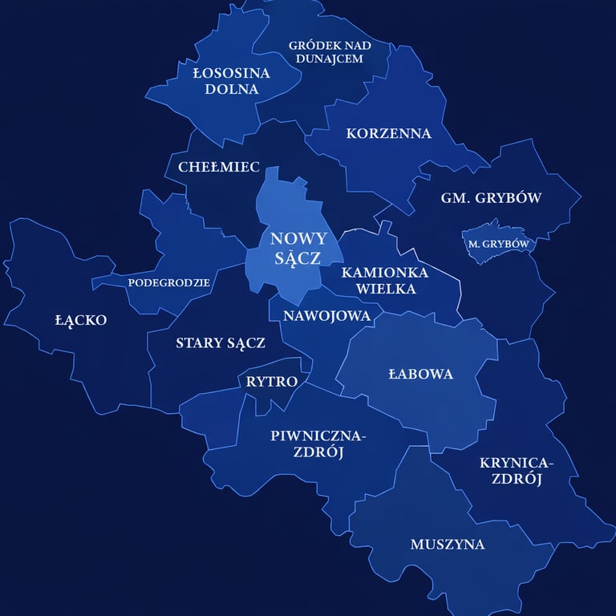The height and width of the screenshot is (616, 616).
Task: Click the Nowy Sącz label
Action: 298,249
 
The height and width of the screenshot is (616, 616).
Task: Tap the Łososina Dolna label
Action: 232,81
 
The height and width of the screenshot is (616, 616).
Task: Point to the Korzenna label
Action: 389,134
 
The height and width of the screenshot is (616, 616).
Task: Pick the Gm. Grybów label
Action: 492,197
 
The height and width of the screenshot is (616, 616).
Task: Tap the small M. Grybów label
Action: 499,244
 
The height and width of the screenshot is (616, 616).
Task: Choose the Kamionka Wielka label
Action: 385,281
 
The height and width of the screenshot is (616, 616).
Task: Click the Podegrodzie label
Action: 169,282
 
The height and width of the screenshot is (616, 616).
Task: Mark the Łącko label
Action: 81,320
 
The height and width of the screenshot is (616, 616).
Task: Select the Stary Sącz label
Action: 221,343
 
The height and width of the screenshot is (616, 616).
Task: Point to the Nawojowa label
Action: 327,316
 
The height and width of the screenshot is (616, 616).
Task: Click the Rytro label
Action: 272,381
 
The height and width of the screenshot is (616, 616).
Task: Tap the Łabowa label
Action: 421,375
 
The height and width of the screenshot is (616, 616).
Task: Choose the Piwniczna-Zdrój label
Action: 318,444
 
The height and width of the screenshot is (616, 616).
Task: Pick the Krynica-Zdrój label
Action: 517,472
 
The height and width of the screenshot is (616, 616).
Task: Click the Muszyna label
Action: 448,545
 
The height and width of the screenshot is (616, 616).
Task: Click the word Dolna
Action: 232,90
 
